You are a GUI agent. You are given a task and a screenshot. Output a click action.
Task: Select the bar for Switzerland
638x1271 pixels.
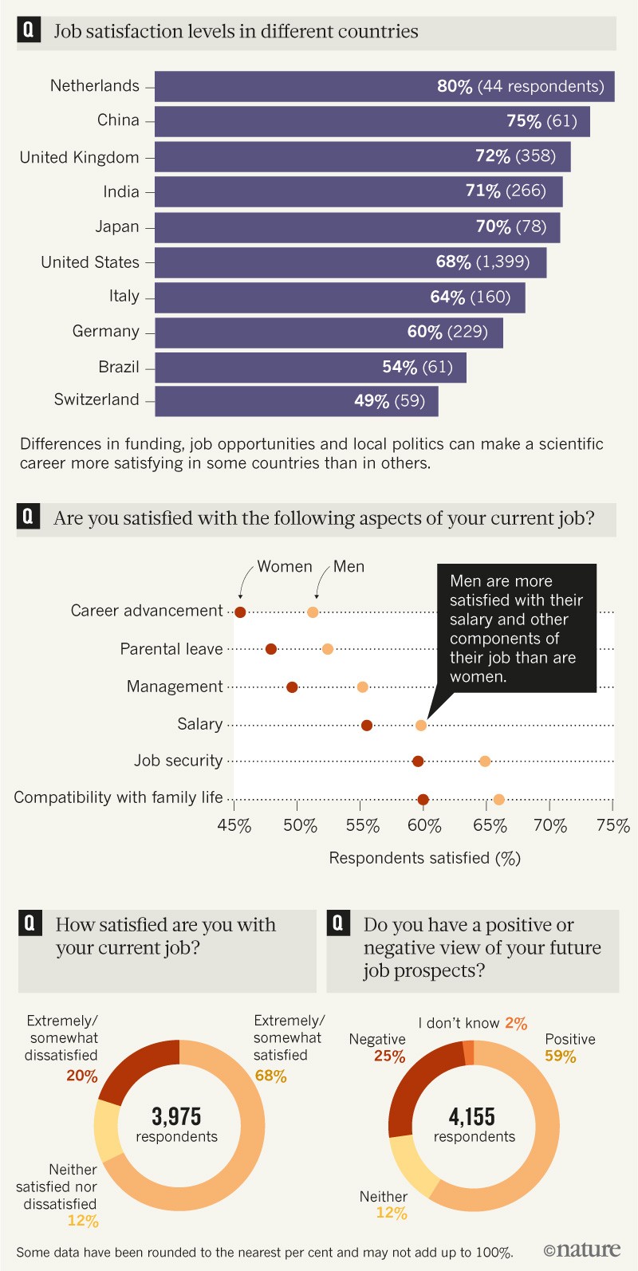tap(295, 400)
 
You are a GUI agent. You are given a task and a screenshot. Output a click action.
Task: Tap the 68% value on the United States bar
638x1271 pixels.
tap(453, 262)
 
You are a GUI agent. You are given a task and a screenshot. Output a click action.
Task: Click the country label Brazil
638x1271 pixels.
tap(119, 367)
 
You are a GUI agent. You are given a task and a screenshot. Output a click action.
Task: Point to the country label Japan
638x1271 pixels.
tap(117, 226)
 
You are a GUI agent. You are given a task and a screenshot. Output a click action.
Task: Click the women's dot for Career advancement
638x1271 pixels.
tap(240, 612)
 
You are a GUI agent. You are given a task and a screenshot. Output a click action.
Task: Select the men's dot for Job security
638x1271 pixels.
tap(485, 761)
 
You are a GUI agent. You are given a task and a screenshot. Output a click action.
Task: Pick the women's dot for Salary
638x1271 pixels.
tap(367, 725)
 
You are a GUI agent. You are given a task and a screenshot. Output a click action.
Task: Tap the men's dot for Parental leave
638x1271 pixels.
tap(328, 649)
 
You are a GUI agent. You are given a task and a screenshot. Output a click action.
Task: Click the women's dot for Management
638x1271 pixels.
tap(292, 687)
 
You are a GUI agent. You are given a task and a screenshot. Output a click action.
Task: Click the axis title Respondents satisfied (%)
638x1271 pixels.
tap(424, 858)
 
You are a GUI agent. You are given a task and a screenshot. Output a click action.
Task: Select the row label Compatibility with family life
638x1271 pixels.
tap(118, 797)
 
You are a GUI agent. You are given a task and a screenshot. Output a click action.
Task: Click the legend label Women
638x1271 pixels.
tap(284, 566)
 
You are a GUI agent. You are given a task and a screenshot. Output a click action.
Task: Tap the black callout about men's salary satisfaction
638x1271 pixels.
tap(516, 628)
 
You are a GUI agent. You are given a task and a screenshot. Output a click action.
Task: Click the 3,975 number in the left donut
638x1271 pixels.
tap(176, 1116)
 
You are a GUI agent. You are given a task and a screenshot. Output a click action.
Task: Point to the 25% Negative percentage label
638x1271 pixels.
tap(389, 1057)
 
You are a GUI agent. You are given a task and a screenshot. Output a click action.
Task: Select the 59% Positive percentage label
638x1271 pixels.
tap(560, 1057)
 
